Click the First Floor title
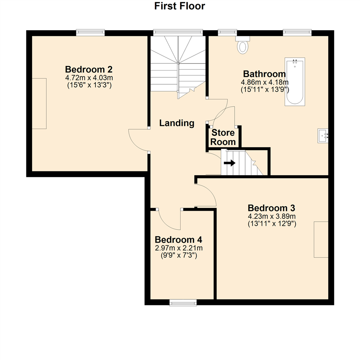coord(179,6)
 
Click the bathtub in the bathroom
coord(294,82)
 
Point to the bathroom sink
coord(323,136)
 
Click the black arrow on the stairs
coord(229,163)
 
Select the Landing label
coord(177,123)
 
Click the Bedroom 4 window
coord(183,302)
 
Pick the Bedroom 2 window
coord(90,32)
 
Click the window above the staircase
coord(178,32)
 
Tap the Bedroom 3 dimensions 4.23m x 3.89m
coord(271,216)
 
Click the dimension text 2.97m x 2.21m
coord(179,248)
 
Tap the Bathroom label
coord(264,74)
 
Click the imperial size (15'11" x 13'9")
coord(264,89)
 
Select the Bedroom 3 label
coord(271,208)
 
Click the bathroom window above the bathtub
coord(297,32)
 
